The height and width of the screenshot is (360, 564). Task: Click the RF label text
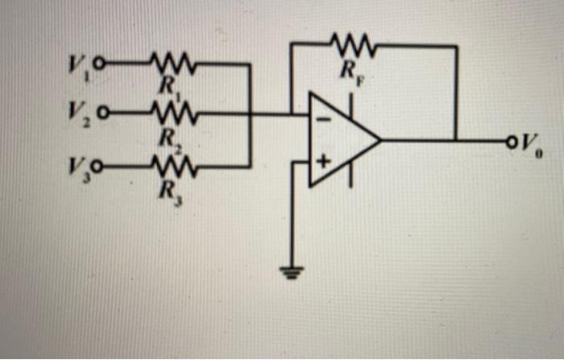coord(350,70)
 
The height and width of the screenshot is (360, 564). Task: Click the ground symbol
coord(290,271)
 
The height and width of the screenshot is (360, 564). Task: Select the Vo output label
coord(530,145)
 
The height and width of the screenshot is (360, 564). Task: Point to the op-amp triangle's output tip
coord(380,140)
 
